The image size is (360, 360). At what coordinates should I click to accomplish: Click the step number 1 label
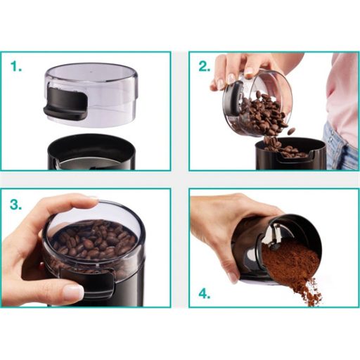[16, 66]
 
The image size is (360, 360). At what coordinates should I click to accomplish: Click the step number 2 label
[205, 66]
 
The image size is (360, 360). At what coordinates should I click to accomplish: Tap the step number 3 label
[16, 204]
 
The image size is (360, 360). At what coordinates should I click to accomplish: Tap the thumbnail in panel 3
[73, 292]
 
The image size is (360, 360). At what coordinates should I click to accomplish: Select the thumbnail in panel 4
[233, 277]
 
